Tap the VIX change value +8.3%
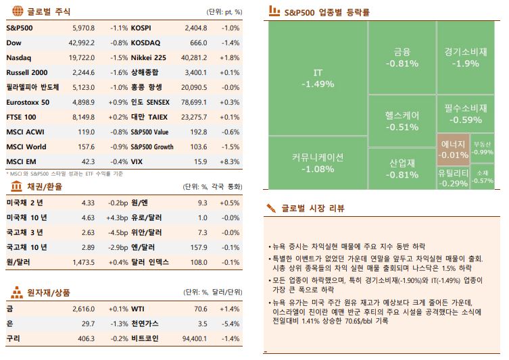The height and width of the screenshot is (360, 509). [x=230, y=162]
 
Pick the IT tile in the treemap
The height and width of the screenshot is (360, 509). [x=318, y=78]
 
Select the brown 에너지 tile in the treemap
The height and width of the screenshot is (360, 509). [x=453, y=149]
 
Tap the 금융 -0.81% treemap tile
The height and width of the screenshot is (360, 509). [x=402, y=57]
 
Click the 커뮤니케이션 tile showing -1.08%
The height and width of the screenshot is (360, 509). [x=318, y=163]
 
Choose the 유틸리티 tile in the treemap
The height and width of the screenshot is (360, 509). [x=453, y=178]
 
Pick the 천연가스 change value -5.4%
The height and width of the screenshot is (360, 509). [x=230, y=324]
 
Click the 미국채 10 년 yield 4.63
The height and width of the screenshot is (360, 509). [x=88, y=217]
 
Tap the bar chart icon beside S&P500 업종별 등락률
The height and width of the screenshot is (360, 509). [x=274, y=11]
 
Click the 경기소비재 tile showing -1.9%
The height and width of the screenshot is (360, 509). [x=466, y=57]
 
